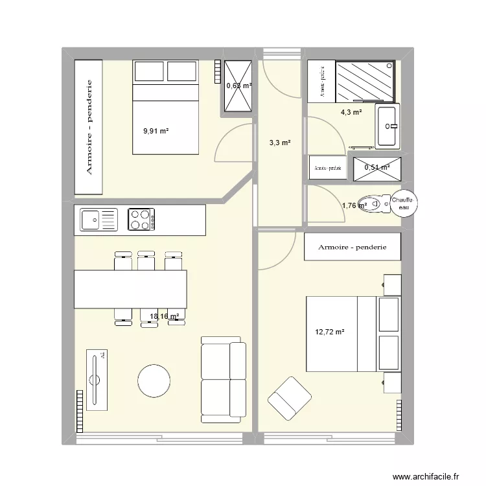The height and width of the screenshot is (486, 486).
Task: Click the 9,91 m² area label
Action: click(x=156, y=131)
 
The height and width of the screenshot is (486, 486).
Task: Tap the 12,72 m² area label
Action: click(x=330, y=332)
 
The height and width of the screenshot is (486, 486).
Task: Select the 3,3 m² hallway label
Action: click(x=280, y=143)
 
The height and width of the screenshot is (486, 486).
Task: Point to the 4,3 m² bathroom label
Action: click(x=351, y=112)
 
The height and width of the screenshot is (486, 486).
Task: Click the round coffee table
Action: click(x=154, y=381)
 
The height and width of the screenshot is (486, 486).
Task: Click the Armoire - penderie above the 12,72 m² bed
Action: click(x=353, y=247)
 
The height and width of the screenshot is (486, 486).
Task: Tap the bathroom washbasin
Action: click(x=389, y=126)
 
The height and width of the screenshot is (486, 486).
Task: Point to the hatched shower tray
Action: click(x=364, y=82)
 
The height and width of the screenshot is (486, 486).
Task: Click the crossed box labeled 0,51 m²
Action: click(x=377, y=168)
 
